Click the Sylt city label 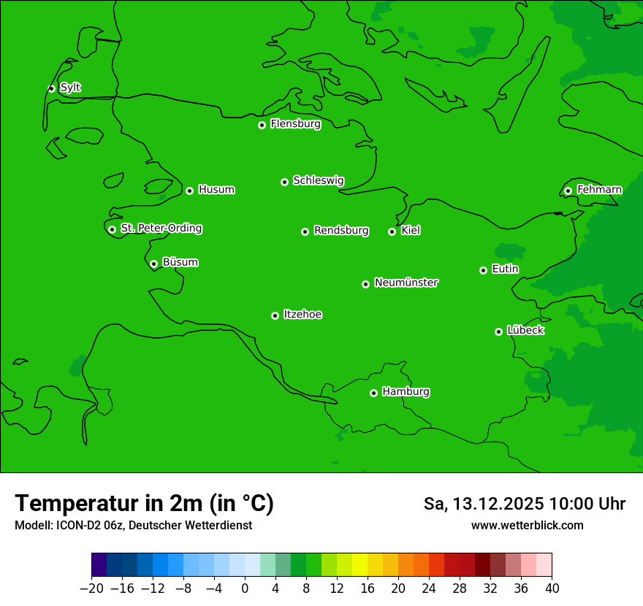pos(70,88)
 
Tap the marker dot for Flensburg pos(262,125)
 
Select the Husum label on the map pos(216,190)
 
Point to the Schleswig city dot pos(284,182)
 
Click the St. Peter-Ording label pos(161,229)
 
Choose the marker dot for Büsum pos(153,264)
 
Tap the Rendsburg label pos(341,231)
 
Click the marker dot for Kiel pos(392,231)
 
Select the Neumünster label pos(406,283)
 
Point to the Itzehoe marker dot pos(275,315)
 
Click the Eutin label pos(505,269)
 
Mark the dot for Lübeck pos(498,331)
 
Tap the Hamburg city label pos(406,392)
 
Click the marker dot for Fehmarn pos(568,191)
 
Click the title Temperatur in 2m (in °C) pos(144,504)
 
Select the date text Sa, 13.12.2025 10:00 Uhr pos(524,504)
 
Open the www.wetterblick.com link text pos(527,525)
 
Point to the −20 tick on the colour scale pos(91,587)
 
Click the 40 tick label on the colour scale pos(552,587)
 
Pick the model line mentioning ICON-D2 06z pos(133,526)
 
